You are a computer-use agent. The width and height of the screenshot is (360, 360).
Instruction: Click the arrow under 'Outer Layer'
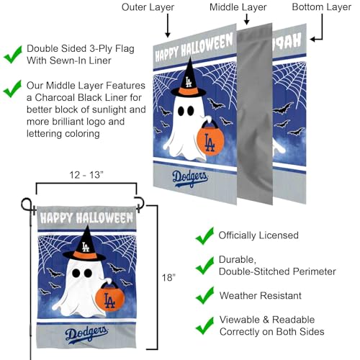[166, 26]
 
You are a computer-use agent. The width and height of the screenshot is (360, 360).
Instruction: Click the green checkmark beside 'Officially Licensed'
[206, 235]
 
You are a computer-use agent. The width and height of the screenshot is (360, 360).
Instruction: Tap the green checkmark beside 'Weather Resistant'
[206, 295]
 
